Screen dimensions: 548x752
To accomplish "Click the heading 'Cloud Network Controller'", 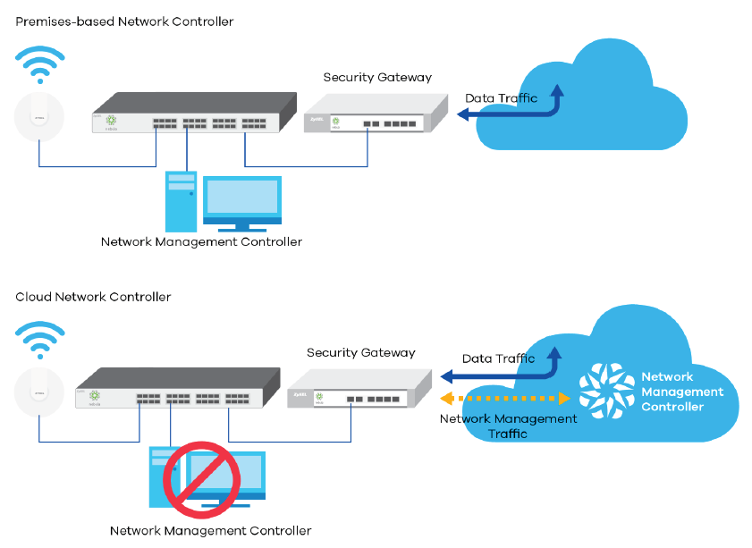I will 93,297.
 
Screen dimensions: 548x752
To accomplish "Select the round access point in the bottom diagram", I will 38,393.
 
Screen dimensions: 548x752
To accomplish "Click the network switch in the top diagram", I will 192,114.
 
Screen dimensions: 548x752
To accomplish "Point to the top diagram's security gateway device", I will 375,115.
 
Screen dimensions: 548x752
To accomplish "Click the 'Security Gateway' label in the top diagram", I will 377,78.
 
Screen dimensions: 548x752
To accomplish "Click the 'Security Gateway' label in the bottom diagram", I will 360,353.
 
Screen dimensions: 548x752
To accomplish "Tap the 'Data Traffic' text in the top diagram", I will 502,98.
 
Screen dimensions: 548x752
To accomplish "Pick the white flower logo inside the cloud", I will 606,390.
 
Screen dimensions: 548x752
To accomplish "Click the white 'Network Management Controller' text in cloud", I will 682,392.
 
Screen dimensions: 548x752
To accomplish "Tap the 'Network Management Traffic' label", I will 509,426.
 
